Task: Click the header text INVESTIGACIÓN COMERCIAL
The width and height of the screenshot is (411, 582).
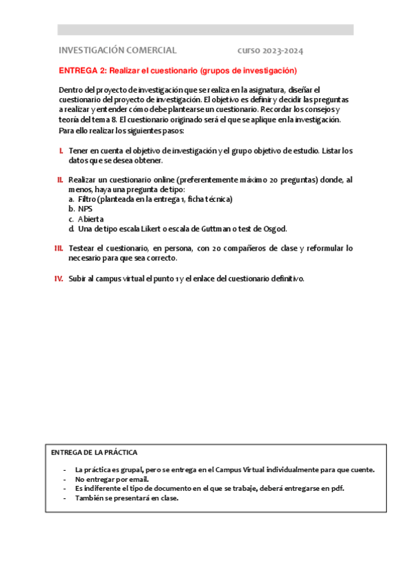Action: click(x=117, y=51)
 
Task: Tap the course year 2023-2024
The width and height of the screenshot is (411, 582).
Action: click(x=270, y=51)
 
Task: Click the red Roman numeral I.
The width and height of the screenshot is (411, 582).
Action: click(x=61, y=151)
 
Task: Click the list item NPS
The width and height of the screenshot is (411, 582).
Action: click(x=85, y=209)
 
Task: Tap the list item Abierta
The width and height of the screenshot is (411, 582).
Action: click(x=91, y=219)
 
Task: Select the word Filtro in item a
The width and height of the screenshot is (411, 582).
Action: click(x=88, y=199)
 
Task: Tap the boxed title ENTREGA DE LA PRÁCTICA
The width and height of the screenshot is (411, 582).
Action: click(x=94, y=452)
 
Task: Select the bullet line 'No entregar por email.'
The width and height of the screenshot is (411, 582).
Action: click(x=112, y=479)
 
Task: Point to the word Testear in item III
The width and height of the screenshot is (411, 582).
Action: click(x=84, y=248)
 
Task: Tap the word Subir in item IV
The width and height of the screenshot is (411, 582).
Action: click(x=78, y=279)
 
